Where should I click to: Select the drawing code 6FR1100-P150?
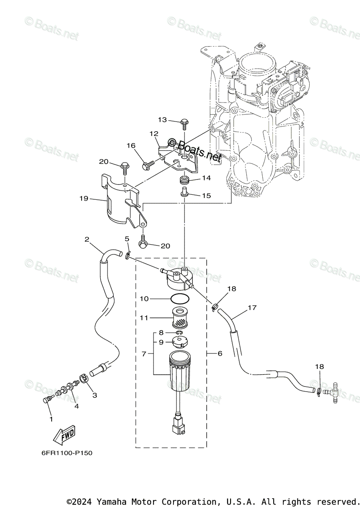67,453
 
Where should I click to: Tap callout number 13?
163,120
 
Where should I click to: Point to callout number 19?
83,198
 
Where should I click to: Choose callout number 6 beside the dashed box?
220,353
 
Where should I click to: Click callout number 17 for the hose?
252,308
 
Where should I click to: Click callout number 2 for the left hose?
87,239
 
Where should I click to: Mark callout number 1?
51,419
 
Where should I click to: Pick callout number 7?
144,353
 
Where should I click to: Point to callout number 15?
206,196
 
